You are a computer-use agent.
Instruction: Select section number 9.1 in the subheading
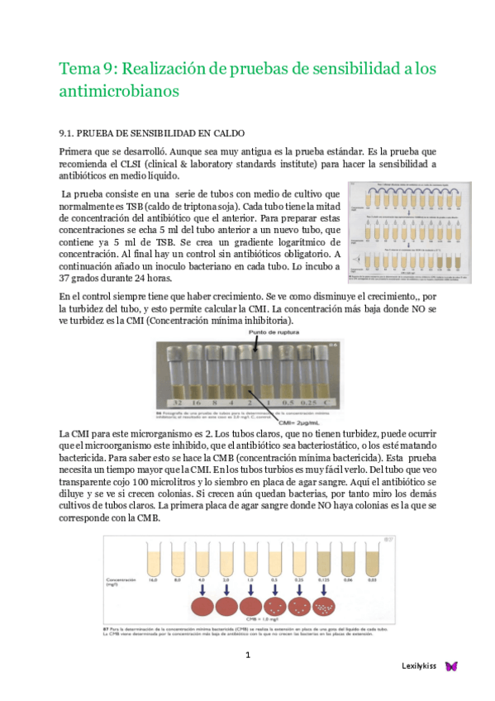pyautogui.click(x=68, y=132)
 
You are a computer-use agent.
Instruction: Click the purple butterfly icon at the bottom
pyautogui.click(x=451, y=665)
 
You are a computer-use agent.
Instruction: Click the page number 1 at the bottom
pyautogui.click(x=247, y=655)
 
